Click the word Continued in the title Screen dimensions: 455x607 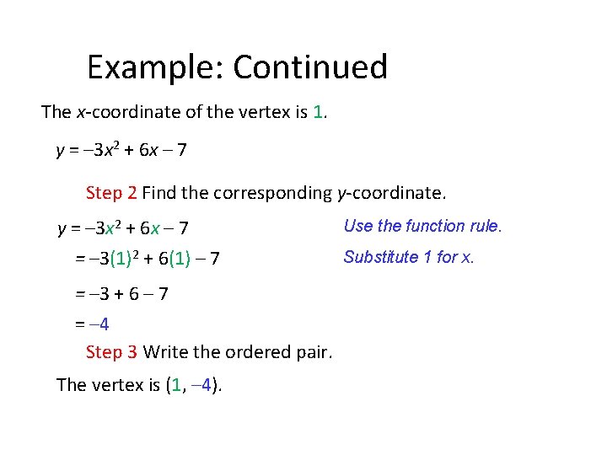[310, 67]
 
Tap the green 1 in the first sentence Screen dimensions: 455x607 [318, 112]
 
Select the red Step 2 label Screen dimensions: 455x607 [111, 193]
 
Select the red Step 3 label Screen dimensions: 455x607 [111, 351]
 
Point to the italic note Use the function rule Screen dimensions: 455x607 [422, 226]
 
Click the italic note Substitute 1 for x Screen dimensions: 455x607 [409, 257]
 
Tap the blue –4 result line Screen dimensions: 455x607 [96, 324]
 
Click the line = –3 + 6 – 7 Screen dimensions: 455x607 [121, 294]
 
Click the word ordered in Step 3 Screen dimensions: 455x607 [254, 351]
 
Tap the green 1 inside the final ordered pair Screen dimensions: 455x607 [175, 386]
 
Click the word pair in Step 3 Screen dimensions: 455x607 [314, 351]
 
